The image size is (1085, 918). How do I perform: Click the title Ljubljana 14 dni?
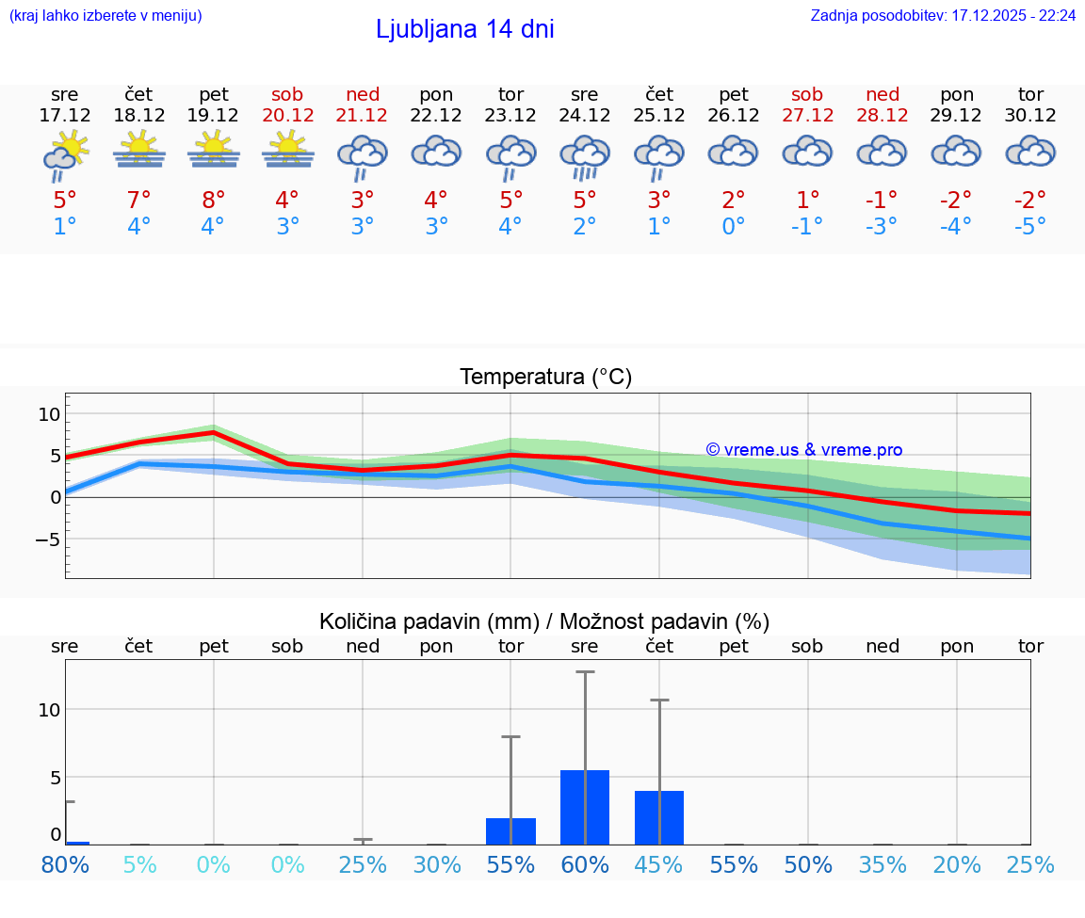(x=464, y=29)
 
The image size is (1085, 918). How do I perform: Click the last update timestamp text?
(x=943, y=16)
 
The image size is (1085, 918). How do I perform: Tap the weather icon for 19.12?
(x=214, y=149)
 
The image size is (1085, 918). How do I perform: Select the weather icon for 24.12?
(x=585, y=155)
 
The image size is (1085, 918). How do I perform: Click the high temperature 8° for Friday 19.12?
(x=214, y=200)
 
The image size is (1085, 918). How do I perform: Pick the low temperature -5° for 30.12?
(x=1030, y=227)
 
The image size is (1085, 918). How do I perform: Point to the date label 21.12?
(x=363, y=115)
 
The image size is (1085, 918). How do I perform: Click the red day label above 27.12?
(x=807, y=94)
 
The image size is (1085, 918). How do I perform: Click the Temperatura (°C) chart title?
(x=545, y=377)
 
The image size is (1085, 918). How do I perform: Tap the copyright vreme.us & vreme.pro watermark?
(x=803, y=450)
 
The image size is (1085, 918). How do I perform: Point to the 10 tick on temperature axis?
(x=49, y=413)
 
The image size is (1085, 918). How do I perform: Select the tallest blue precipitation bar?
(x=585, y=807)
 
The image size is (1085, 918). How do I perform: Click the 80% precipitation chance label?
(x=65, y=864)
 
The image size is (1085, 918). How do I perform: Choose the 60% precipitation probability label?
(x=585, y=864)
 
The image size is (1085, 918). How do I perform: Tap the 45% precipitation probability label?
(x=659, y=864)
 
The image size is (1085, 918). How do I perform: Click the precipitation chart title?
(x=544, y=621)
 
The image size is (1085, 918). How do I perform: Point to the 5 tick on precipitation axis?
(x=56, y=777)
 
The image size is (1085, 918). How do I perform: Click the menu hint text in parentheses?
(x=105, y=16)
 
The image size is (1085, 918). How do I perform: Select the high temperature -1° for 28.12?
(x=883, y=200)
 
